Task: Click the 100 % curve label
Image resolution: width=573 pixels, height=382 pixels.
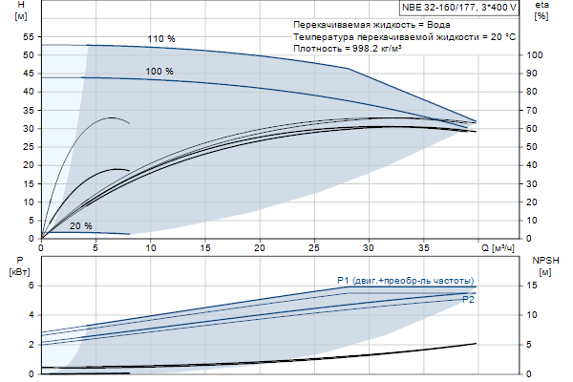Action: tap(159, 72)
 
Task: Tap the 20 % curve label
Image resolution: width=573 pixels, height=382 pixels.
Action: tap(81, 226)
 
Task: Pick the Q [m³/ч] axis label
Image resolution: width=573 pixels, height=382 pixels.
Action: tap(498, 248)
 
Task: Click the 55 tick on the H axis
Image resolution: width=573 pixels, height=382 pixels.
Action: tap(29, 36)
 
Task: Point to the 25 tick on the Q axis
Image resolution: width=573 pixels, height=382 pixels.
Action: tap(314, 248)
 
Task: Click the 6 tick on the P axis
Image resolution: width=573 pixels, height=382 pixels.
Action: tap(31, 285)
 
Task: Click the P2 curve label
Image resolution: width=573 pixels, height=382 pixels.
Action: tap(468, 300)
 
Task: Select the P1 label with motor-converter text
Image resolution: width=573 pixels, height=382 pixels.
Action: tap(406, 280)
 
